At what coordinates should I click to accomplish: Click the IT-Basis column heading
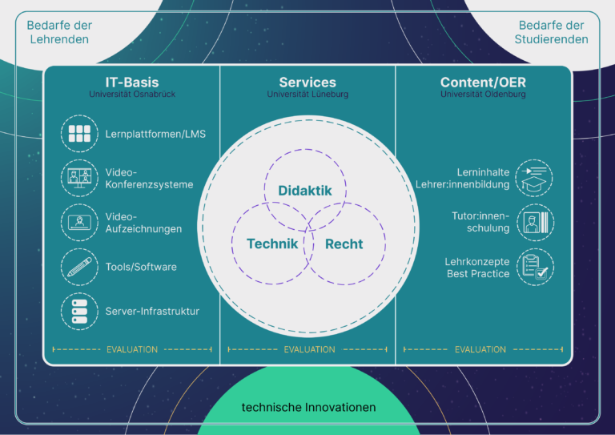pos(132,83)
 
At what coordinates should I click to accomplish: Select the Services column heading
pos(307,83)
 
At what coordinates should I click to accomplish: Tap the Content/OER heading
pos(483,83)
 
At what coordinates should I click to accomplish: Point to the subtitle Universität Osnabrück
pos(132,95)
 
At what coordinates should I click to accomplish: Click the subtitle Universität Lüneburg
pos(307,95)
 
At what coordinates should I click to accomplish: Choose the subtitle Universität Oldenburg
pos(483,95)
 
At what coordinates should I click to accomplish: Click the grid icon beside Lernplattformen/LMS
pos(79,134)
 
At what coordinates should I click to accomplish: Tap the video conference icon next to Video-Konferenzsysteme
pos(79,178)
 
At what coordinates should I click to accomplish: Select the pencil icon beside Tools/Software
pos(79,267)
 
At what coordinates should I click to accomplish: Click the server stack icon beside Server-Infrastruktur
pos(79,312)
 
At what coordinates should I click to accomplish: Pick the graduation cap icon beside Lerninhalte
pos(534,178)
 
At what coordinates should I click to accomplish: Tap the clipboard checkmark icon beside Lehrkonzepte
pos(536,267)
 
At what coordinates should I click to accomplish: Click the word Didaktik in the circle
pos(305,191)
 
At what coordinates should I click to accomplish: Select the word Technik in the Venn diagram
pos(272,244)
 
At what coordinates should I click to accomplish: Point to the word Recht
pos(344,244)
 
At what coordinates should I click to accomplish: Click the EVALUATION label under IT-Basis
pos(132,349)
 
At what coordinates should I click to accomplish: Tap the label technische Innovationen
pos(308,408)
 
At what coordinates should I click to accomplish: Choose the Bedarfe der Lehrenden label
pos(59,32)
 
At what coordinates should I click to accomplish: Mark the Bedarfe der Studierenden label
pos(551,32)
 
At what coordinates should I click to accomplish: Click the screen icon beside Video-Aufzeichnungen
pos(79,223)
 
